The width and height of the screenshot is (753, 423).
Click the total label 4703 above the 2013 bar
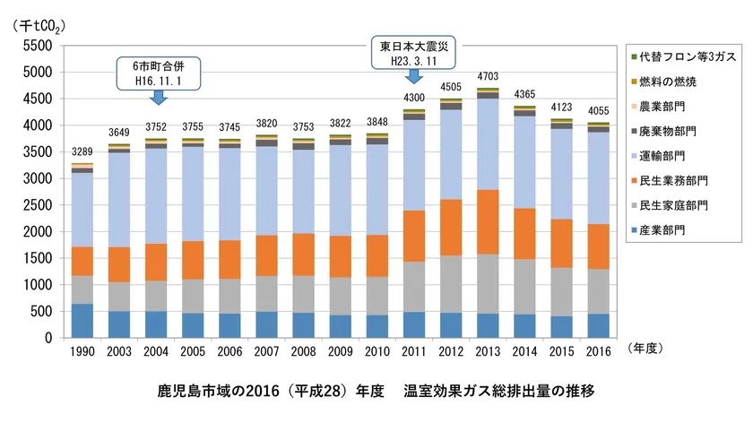click(x=488, y=76)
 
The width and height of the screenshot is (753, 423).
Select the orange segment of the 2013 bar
click(x=488, y=221)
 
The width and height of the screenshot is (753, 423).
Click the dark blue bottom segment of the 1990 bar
click(x=82, y=321)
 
